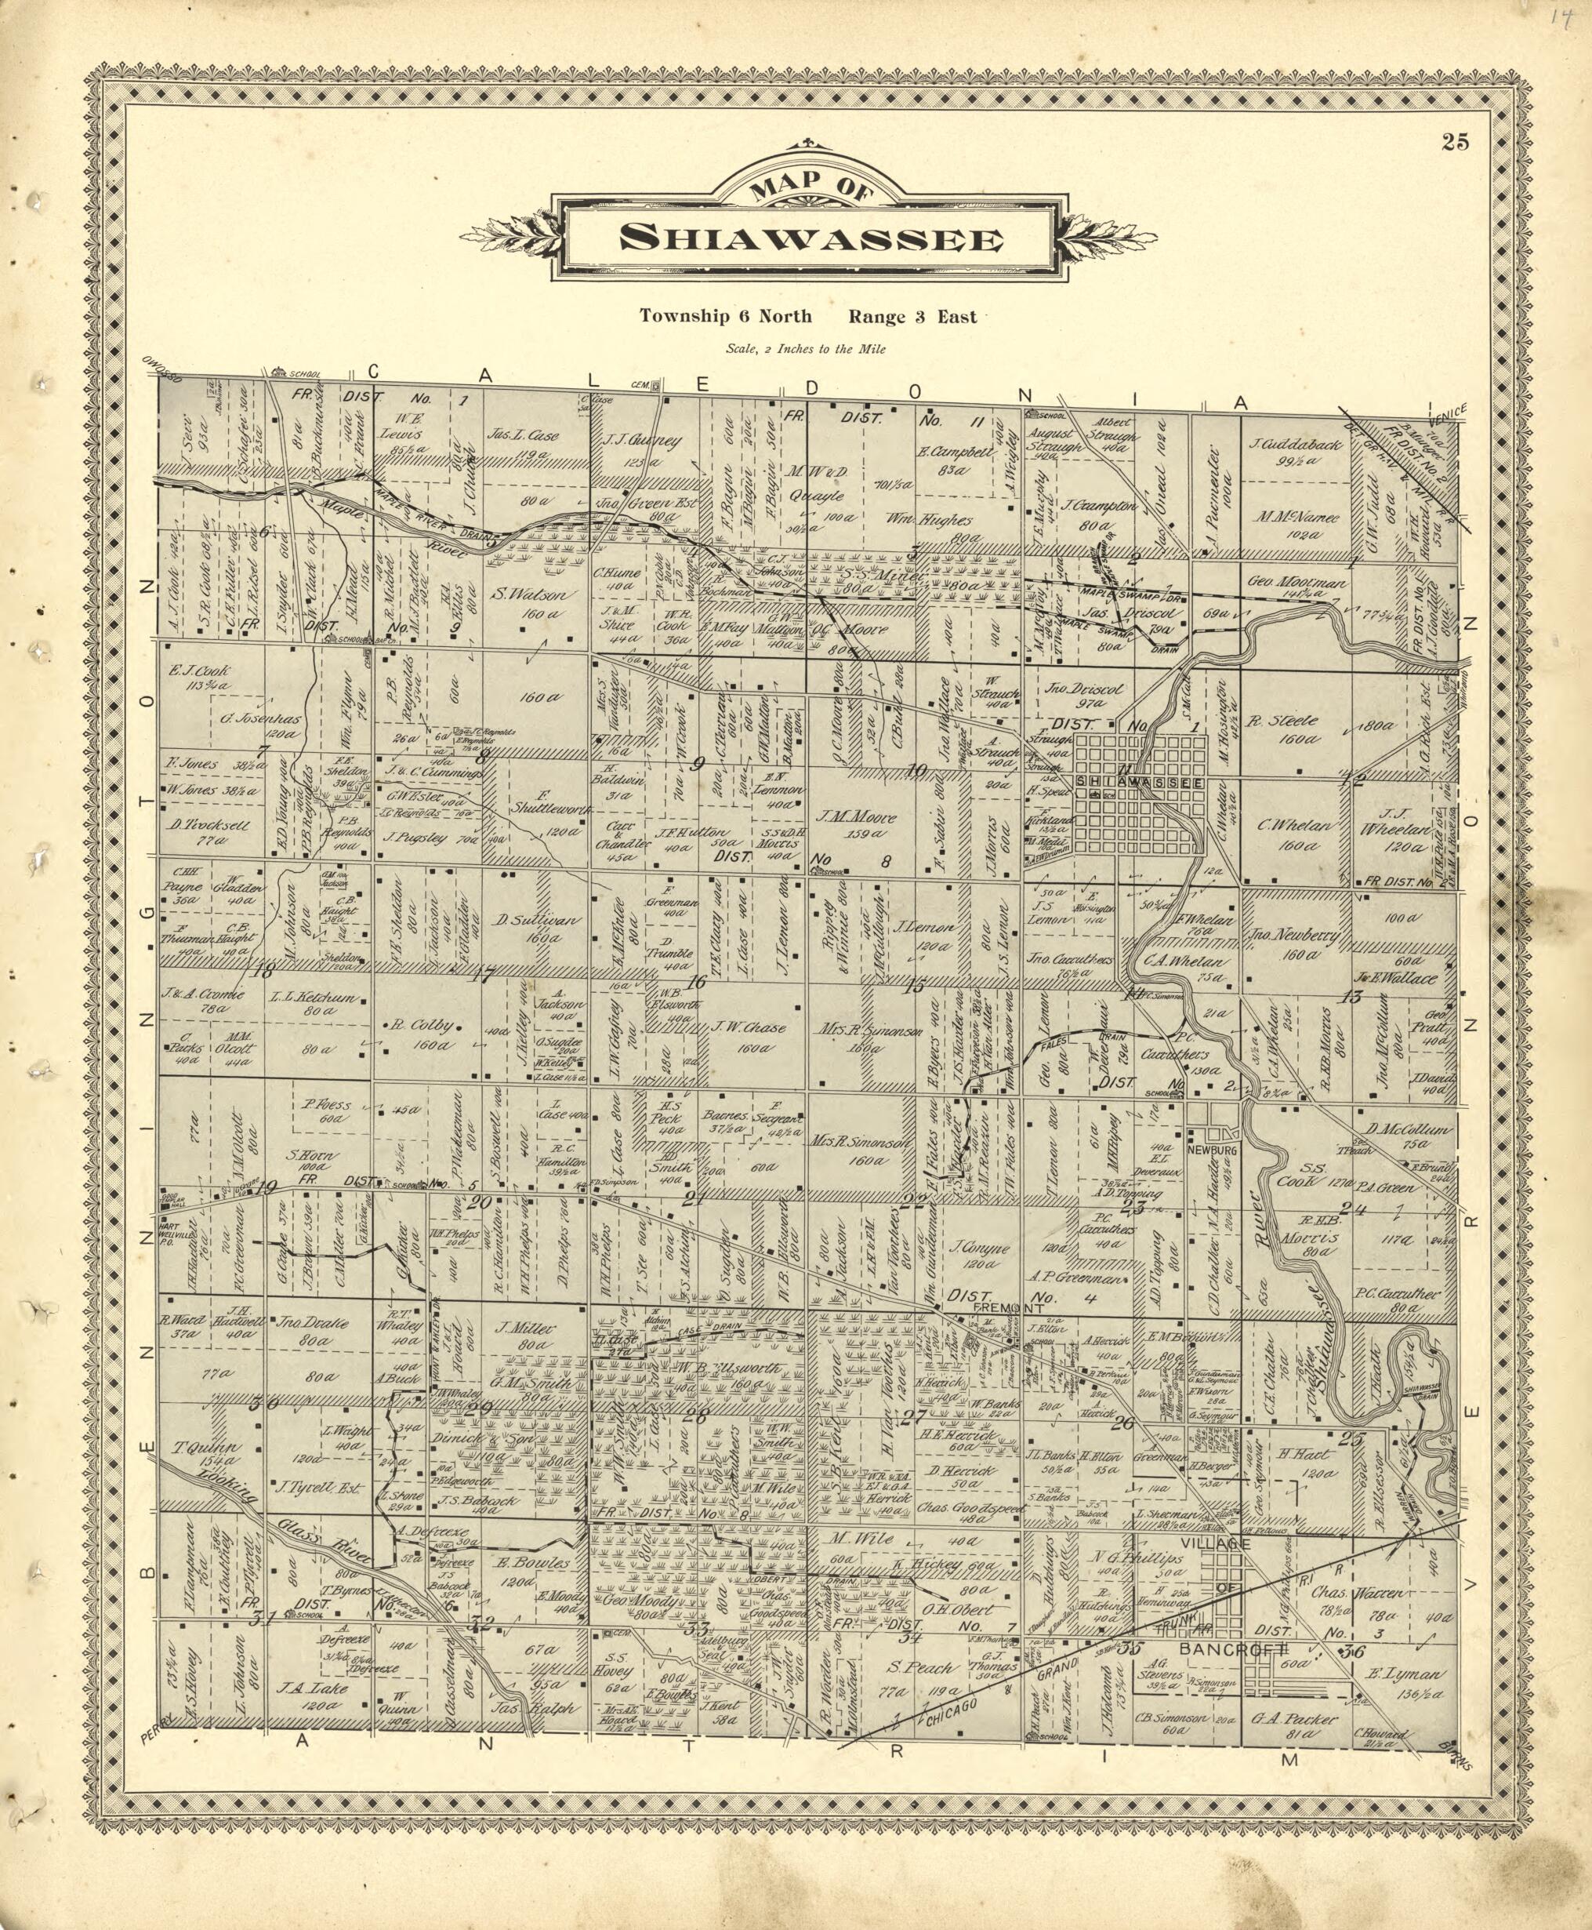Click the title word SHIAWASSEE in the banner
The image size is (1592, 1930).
811,239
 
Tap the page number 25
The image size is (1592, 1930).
1455,141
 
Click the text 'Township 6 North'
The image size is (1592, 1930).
724,317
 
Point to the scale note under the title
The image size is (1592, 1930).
805,348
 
